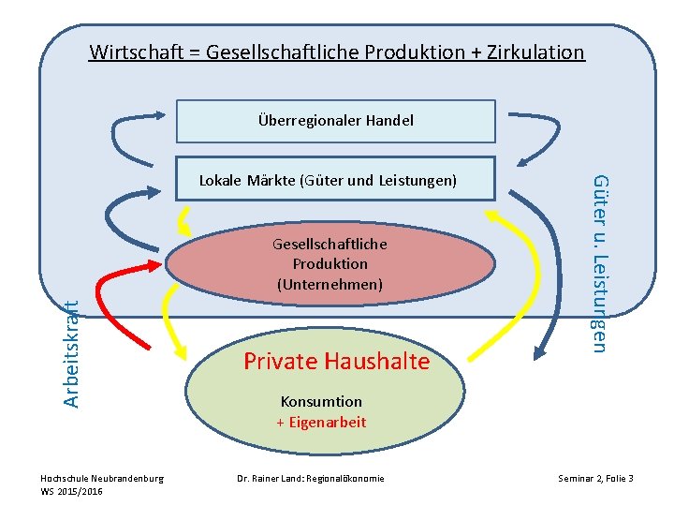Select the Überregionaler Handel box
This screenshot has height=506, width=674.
(335, 121)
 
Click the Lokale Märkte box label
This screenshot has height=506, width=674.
(328, 180)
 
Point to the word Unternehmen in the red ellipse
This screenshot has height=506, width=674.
(330, 283)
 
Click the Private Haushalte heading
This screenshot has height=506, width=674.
(336, 361)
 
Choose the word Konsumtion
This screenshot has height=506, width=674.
(321, 401)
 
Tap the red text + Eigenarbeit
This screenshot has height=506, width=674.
(321, 422)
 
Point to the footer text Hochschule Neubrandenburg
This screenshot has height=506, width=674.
(102, 478)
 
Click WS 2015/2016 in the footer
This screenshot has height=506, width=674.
(72, 491)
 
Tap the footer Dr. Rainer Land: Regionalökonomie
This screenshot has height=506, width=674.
(310, 478)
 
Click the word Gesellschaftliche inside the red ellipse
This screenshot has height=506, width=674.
(330, 244)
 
